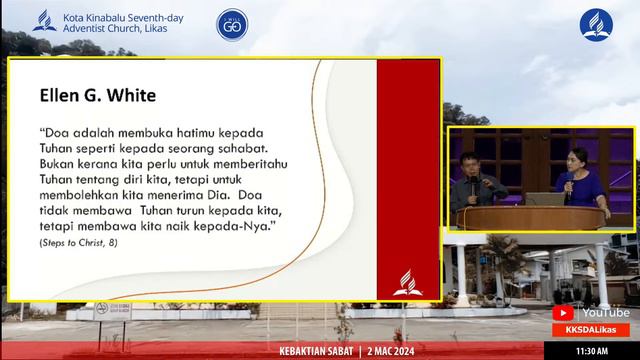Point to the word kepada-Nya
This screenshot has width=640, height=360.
point(241,228)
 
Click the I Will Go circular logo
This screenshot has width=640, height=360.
point(232,24)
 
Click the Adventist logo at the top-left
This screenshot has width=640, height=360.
point(44,20)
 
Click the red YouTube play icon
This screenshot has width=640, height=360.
point(563,313)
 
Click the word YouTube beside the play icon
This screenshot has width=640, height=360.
point(605,313)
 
